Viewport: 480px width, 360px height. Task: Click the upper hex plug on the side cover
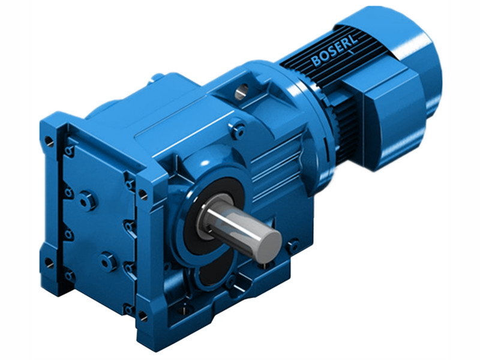click(x=88, y=199)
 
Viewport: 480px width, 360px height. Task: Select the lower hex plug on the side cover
click(x=108, y=261)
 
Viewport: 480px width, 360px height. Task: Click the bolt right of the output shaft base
click(x=293, y=245)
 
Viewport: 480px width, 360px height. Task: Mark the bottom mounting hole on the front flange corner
click(x=143, y=314)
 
